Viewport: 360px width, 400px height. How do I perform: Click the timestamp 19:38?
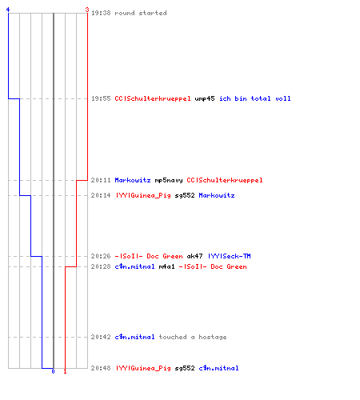[x=101, y=13]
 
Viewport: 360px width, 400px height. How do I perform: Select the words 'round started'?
[x=141, y=13]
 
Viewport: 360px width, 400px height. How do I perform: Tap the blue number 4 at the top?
[x=8, y=10]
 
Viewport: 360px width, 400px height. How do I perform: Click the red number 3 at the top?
[x=87, y=10]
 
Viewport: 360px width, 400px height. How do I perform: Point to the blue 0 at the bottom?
[x=53, y=371]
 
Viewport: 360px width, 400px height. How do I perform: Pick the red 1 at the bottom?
[x=65, y=371]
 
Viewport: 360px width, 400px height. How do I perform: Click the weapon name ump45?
[x=205, y=98]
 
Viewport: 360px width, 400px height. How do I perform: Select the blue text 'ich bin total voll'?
[x=255, y=98]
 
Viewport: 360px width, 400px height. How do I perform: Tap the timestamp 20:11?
[x=101, y=180]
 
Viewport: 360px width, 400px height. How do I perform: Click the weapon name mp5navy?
[x=169, y=181]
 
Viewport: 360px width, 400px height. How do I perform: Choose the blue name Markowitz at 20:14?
[x=217, y=195]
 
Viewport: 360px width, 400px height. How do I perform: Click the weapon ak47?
[x=194, y=256]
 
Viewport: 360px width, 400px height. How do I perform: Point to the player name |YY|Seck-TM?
[x=229, y=256]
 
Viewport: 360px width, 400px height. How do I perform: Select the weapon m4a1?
[x=166, y=266]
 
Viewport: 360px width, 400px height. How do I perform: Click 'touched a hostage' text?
[x=193, y=337]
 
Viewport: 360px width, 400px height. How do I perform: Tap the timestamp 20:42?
[x=101, y=337]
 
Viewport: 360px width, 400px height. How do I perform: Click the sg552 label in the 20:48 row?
[x=185, y=368]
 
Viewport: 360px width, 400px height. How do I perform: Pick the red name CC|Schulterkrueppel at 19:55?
[x=153, y=98]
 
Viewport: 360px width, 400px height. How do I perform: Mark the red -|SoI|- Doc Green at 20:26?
[x=149, y=256]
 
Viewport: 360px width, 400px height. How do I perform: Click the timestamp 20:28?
[x=101, y=266]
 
